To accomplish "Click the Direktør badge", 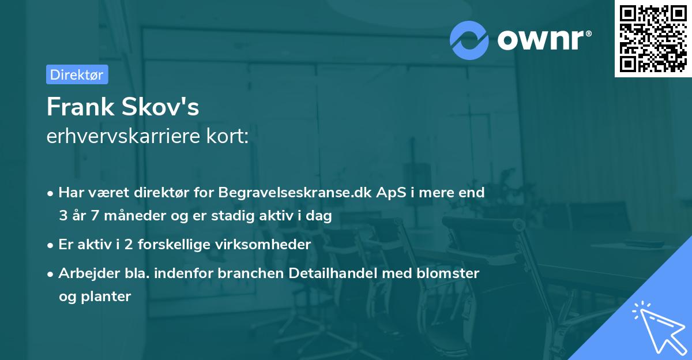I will (x=77, y=74).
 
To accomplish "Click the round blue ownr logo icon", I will (x=469, y=40).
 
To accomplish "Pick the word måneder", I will (x=127, y=216).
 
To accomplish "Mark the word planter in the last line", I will (x=106, y=297).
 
